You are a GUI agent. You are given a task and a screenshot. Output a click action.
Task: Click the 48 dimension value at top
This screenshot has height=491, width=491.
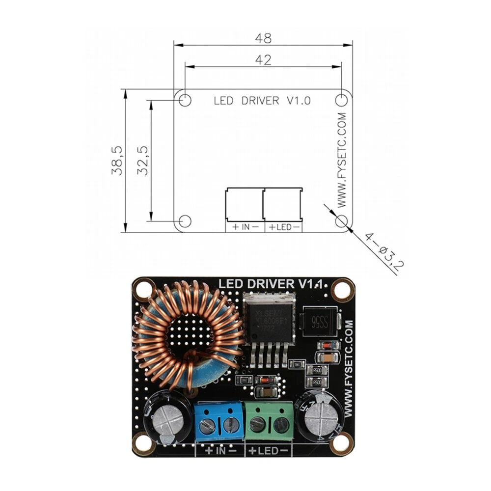click(263, 38)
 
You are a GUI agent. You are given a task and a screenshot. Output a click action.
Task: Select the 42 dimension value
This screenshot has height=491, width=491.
click(263, 59)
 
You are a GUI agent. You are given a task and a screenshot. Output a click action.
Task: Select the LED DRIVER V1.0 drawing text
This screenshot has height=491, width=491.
click(262, 101)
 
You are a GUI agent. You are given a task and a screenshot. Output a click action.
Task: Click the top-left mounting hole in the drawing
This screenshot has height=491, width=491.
click(185, 100)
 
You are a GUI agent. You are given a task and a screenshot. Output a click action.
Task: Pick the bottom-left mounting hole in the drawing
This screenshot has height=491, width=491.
click(185, 221)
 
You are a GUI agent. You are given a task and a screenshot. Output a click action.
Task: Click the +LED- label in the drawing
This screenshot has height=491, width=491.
click(284, 227)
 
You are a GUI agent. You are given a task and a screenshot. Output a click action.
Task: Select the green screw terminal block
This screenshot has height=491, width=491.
click(270, 421)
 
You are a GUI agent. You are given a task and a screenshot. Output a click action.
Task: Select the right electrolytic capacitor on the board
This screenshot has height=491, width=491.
click(322, 417)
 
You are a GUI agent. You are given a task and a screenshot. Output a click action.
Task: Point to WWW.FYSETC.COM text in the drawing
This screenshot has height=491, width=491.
click(342, 160)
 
